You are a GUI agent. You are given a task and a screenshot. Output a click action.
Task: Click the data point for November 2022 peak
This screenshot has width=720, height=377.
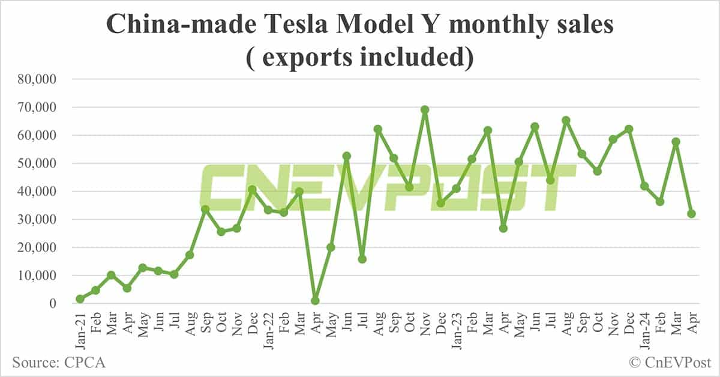click(425, 110)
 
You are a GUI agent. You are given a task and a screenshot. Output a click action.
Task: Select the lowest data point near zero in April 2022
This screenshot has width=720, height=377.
click(315, 301)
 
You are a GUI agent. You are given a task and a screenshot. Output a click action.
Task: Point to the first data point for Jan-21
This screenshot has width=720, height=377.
click(80, 299)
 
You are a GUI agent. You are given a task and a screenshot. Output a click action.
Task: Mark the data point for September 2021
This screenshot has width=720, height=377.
click(205, 210)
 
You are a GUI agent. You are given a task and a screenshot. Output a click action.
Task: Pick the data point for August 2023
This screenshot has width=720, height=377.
click(566, 121)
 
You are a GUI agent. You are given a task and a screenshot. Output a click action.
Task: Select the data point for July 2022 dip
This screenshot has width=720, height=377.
click(362, 259)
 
